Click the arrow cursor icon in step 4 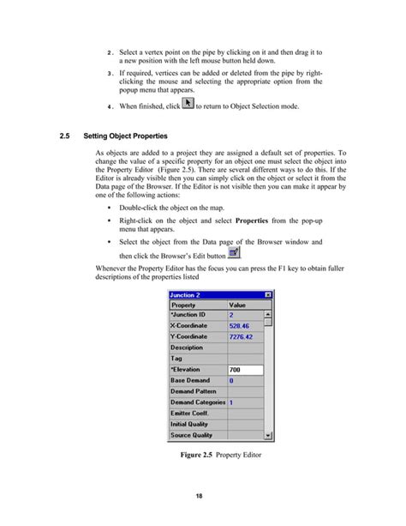[x=188, y=104]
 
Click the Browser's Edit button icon [x=235, y=251]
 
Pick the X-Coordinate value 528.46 [x=239, y=325]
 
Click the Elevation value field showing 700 [x=244, y=369]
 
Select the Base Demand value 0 [x=231, y=380]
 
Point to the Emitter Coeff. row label [x=191, y=413]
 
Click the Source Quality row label [x=191, y=435]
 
